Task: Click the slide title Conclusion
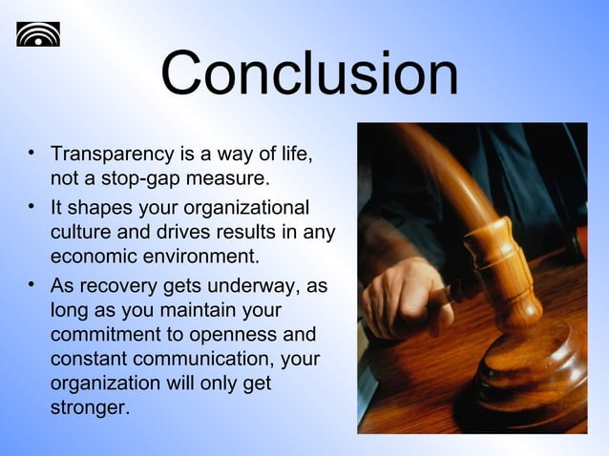308,74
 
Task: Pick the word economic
94,257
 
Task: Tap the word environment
200,257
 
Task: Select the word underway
241,287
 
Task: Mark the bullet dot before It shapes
32,205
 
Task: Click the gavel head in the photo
501,277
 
